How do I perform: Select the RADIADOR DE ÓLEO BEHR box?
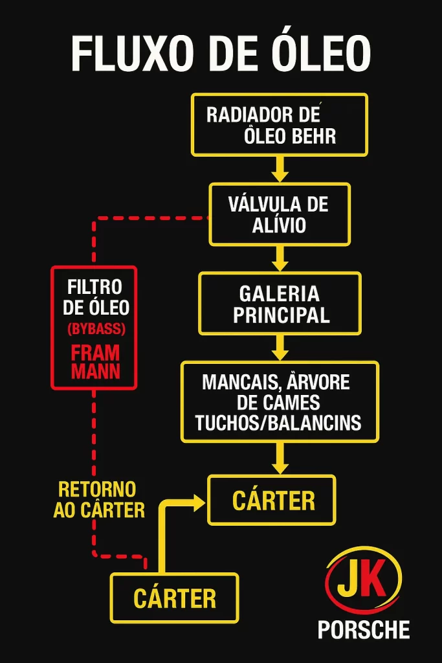[x=279, y=124]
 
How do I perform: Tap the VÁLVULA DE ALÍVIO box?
[x=279, y=214]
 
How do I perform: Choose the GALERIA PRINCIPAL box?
[x=280, y=304]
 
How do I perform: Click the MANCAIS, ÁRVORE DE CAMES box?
[x=280, y=401]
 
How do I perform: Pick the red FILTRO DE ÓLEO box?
[x=94, y=327]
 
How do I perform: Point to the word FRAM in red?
[x=95, y=353]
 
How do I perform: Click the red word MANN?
[x=95, y=372]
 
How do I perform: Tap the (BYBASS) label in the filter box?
[x=96, y=329]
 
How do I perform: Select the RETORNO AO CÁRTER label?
[x=98, y=499]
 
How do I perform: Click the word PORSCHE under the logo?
[x=364, y=629]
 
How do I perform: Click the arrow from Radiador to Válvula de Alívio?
[x=280, y=169]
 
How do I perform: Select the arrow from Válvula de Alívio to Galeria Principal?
[x=280, y=258]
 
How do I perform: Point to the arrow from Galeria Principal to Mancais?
[x=280, y=348]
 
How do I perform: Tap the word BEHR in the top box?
[x=313, y=136]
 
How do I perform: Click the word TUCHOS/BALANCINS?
[x=278, y=423]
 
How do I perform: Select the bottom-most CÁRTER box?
[x=174, y=598]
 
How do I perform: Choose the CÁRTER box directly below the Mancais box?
[x=272, y=500]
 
